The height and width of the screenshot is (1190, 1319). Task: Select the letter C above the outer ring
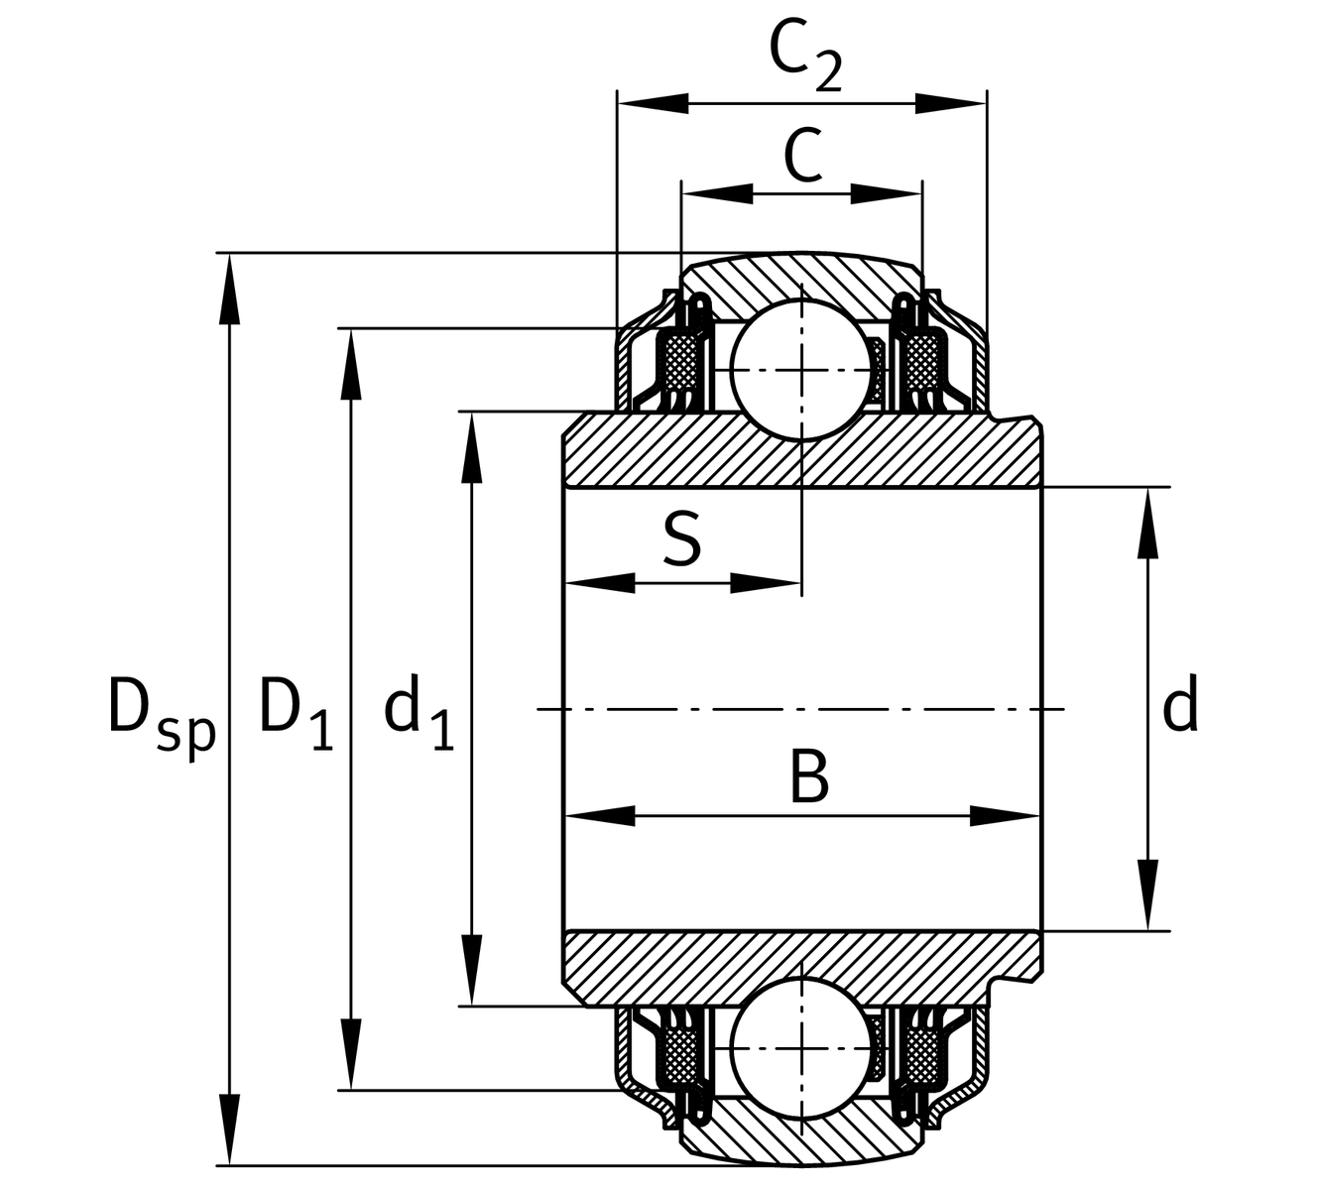tap(802, 156)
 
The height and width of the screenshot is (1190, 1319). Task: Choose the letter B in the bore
tap(808, 777)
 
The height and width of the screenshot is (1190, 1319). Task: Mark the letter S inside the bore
tap(681, 540)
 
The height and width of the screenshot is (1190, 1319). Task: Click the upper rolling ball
tap(801, 369)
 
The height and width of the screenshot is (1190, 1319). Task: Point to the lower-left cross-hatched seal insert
tap(680, 1053)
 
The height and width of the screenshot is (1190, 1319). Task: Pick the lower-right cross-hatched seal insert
tap(921, 1053)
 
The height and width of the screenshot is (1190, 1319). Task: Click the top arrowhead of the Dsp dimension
tap(229, 288)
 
